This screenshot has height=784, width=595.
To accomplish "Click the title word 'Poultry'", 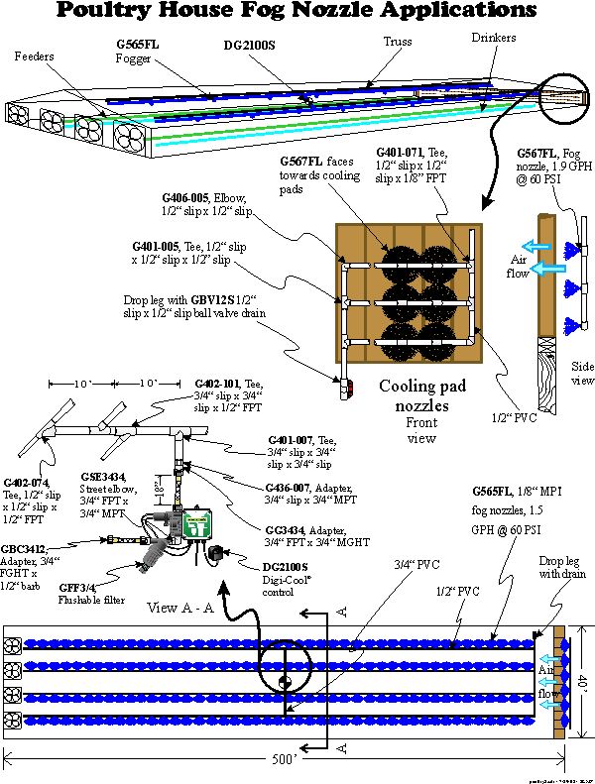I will (127, 13).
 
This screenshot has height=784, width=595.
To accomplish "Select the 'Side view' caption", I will (582, 373).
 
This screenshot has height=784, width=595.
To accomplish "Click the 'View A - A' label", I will (182, 607).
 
